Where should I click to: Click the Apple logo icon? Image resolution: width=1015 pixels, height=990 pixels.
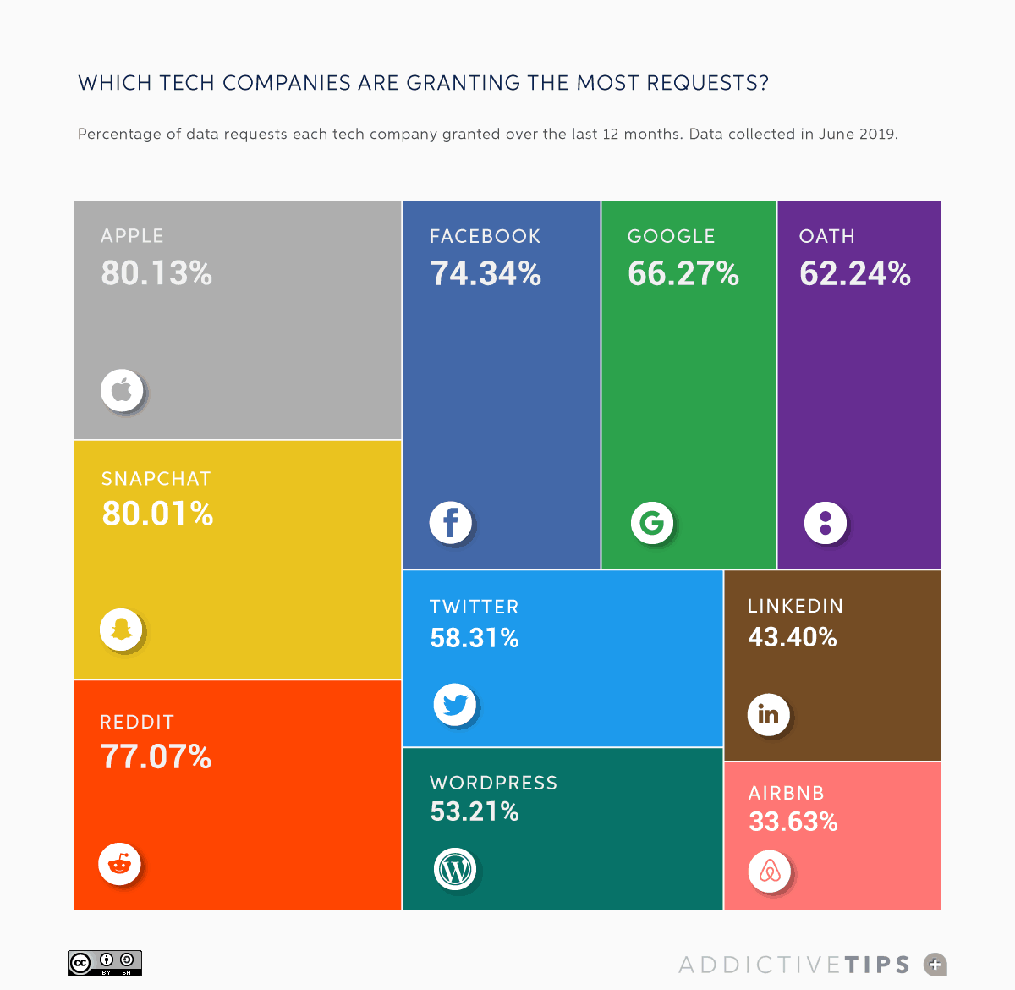click(122, 390)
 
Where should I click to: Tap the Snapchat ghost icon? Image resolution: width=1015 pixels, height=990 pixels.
click(122, 630)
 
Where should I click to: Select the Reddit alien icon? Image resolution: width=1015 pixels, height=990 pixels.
click(119, 864)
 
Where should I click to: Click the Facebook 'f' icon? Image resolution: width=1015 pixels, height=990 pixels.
click(450, 522)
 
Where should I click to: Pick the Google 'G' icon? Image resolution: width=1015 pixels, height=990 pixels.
click(652, 523)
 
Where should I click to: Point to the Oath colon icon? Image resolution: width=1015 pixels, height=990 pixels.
click(826, 522)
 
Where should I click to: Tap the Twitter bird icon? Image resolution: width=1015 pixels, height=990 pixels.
click(455, 704)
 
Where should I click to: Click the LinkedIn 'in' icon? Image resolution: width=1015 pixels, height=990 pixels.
click(768, 715)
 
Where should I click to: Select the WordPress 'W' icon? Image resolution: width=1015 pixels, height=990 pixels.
click(455, 869)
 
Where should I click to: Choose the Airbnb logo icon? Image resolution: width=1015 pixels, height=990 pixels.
click(770, 871)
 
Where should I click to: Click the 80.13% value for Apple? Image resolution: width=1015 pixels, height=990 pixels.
click(156, 273)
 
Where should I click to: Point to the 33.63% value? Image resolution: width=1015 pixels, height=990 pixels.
click(793, 822)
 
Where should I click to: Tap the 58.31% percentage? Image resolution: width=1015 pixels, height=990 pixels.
click(475, 638)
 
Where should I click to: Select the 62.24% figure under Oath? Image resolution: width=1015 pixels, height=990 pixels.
click(855, 274)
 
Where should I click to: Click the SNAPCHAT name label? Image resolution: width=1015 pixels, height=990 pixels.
click(156, 479)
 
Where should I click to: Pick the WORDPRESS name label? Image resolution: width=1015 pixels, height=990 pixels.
click(494, 783)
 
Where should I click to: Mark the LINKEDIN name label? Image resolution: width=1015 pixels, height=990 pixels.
click(795, 606)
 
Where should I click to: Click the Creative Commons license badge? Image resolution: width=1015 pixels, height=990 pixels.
click(105, 963)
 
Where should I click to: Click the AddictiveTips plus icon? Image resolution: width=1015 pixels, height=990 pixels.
click(935, 964)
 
